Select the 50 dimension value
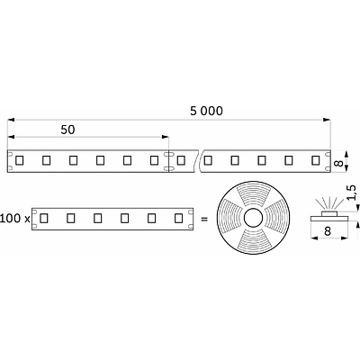tap(67, 130)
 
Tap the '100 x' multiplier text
tap(14, 219)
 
